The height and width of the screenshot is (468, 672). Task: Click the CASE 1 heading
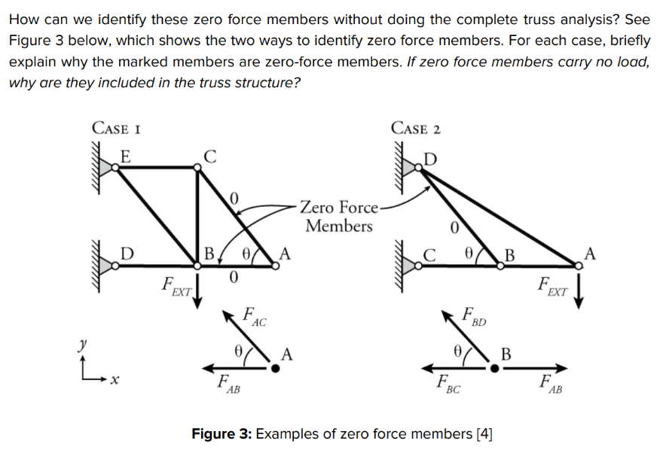pos(118,128)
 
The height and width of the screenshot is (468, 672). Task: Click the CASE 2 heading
pos(416,128)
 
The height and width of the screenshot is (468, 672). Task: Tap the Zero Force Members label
pos(339,216)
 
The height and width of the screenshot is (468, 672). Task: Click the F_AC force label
pos(255,315)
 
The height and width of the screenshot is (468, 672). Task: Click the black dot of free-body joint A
pos(276,368)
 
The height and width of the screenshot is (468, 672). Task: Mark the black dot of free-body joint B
pos(494,368)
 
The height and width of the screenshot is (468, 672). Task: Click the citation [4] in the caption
pos(484,435)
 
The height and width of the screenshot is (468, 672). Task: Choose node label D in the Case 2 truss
pos(430,158)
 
